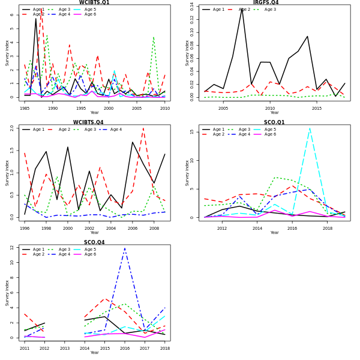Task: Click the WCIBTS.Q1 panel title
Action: [x=94, y=2]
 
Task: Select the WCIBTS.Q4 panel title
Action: [x=94, y=122]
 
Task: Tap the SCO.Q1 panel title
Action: [x=274, y=122]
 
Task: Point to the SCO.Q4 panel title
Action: [x=94, y=242]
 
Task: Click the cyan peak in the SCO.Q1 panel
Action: [x=310, y=128]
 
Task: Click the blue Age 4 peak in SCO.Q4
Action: [x=125, y=248]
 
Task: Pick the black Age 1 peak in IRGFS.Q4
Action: [x=242, y=8]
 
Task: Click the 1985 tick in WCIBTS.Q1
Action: [x=25, y=109]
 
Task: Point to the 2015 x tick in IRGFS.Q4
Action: [x=317, y=109]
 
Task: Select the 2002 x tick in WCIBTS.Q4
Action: [x=89, y=229]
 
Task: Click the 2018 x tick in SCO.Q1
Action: [x=328, y=229]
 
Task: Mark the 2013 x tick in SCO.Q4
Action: [x=65, y=349]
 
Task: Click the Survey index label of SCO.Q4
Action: [x=8, y=293]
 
